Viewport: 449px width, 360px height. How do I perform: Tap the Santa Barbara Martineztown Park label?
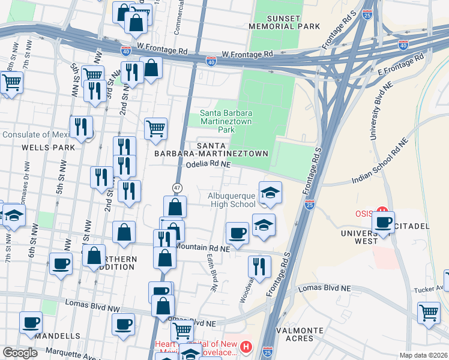tap(226, 121)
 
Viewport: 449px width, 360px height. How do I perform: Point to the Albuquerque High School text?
tap(232, 200)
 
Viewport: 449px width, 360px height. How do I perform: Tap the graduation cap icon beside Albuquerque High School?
tap(270, 193)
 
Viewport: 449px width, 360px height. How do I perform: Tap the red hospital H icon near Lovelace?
tap(246, 347)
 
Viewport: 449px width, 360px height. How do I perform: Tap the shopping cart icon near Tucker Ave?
tap(429, 312)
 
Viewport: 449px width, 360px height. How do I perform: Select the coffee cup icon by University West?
tap(382, 221)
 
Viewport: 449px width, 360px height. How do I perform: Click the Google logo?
tap(20, 353)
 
